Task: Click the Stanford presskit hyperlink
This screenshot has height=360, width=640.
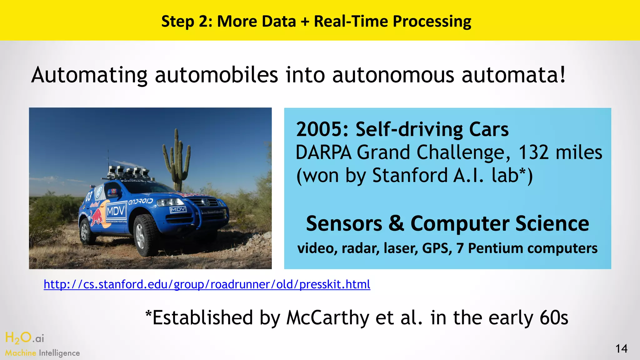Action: [x=207, y=285]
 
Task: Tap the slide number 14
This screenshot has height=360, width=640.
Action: [x=621, y=349]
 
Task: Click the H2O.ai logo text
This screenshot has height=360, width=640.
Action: [x=25, y=338]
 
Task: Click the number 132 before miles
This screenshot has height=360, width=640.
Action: [x=533, y=153]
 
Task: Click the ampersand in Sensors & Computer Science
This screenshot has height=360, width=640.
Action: [x=396, y=224]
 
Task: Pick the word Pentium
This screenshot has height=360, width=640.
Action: [x=496, y=248]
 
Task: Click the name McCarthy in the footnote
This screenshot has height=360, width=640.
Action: [x=328, y=318]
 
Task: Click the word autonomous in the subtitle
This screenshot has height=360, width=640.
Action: [x=393, y=75]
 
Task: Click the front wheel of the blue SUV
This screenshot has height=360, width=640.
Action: [x=144, y=234]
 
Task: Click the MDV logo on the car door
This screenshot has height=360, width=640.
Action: [x=116, y=212]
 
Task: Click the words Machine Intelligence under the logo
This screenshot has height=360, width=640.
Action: [x=42, y=353]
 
